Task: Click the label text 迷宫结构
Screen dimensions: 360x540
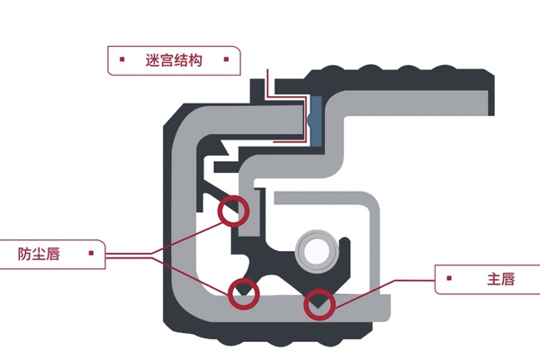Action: pos(171,61)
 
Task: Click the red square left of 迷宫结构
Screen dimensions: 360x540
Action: pos(121,61)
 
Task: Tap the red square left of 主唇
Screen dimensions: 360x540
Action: pos(450,280)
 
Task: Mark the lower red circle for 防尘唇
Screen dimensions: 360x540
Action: pos(244,292)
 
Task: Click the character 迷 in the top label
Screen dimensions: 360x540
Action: pos(151,61)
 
